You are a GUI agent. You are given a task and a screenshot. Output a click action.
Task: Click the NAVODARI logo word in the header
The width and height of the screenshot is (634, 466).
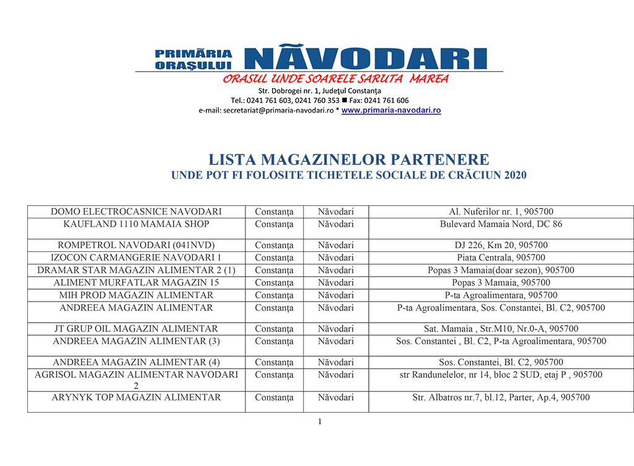(365, 58)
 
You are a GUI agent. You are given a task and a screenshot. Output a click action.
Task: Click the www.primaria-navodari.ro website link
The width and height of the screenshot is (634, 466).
(391, 110)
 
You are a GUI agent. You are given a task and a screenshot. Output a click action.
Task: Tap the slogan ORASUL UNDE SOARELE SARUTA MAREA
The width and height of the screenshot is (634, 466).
(335, 79)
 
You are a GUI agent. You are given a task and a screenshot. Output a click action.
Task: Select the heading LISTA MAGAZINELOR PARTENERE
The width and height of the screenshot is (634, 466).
(348, 159)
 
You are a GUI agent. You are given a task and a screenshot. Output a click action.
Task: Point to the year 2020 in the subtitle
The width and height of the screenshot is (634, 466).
(515, 175)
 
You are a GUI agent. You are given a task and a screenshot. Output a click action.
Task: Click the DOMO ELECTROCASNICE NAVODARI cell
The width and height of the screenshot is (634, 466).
(136, 212)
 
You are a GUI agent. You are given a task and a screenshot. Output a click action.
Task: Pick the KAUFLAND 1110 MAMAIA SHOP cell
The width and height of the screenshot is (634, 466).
(136, 224)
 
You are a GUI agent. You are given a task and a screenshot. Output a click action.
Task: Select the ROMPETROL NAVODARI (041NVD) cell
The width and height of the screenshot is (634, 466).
(136, 245)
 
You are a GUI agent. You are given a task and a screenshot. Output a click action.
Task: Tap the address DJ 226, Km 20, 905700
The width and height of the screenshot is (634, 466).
(501, 245)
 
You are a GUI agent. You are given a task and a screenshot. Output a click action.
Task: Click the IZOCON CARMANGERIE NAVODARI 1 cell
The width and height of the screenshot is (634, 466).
(136, 258)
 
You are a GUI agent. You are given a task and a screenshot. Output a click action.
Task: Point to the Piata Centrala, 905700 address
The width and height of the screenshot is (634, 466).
(501, 258)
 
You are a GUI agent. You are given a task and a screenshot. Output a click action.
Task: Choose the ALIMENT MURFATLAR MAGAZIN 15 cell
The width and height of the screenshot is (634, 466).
(136, 282)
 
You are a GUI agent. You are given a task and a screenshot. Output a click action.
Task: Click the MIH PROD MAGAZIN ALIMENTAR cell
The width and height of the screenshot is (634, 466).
(136, 295)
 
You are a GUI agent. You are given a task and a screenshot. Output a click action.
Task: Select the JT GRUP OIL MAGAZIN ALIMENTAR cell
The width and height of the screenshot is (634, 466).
(136, 328)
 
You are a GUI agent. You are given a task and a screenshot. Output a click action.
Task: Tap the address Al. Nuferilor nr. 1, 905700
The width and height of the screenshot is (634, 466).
(501, 212)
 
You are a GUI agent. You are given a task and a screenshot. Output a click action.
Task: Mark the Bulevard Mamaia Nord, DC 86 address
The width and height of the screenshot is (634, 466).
(501, 224)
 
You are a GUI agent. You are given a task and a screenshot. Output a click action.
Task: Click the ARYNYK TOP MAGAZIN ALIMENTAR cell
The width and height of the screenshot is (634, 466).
(136, 397)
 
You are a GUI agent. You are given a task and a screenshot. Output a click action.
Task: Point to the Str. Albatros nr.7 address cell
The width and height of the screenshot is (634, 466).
(501, 397)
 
